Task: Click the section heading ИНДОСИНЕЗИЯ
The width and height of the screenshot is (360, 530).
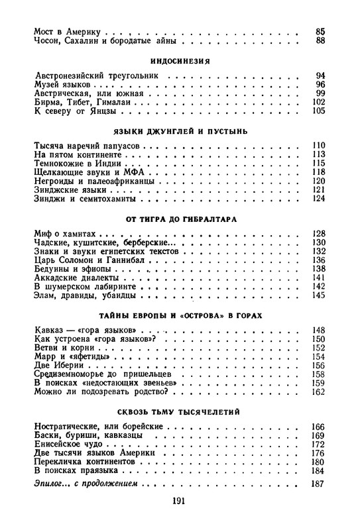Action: (x=180, y=60)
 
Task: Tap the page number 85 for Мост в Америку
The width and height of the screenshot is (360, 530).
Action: (x=320, y=31)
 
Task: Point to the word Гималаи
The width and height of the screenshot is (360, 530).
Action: (x=122, y=103)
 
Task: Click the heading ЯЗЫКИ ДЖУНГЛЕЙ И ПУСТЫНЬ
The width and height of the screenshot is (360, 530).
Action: (x=180, y=131)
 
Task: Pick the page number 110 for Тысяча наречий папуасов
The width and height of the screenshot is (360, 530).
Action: (x=318, y=145)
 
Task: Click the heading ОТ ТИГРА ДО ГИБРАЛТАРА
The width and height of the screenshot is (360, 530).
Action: (x=180, y=218)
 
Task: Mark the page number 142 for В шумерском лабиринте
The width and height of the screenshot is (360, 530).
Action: (x=318, y=286)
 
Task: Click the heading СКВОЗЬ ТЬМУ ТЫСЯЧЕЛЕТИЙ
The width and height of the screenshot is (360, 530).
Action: (x=180, y=413)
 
